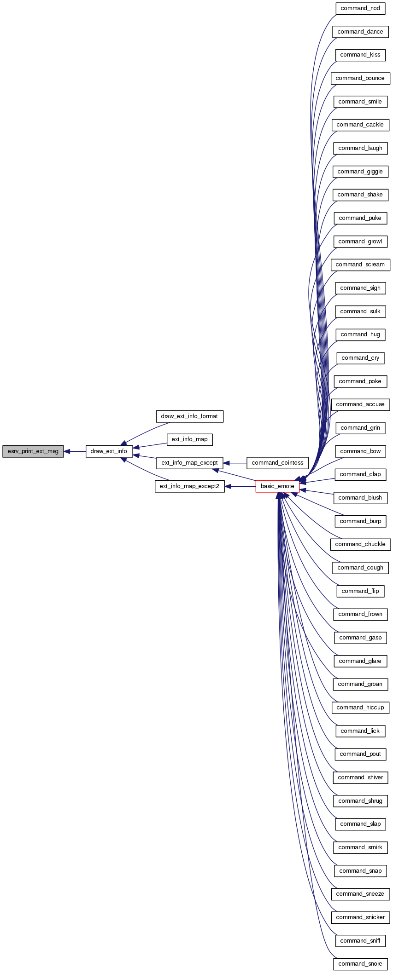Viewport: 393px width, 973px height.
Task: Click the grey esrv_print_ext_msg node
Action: pyautogui.click(x=33, y=451)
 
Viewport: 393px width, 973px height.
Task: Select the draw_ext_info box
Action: pyautogui.click(x=109, y=451)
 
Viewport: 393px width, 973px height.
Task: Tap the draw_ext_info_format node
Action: pyautogui.click(x=189, y=416)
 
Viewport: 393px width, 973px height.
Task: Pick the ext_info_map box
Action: pyautogui.click(x=189, y=439)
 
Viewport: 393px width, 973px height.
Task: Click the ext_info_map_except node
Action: pyautogui.click(x=189, y=463)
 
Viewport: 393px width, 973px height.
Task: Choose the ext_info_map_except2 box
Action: pyautogui.click(x=189, y=486)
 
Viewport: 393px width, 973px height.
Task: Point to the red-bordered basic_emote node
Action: pyautogui.click(x=277, y=486)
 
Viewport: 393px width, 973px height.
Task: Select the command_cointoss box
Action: pyautogui.click(x=277, y=463)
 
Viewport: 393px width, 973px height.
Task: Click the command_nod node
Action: pyautogui.click(x=360, y=8)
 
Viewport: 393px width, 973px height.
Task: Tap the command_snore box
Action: pyautogui.click(x=360, y=964)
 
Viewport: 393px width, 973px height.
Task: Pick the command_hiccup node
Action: pyautogui.click(x=360, y=708)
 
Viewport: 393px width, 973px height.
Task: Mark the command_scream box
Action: pyautogui.click(x=360, y=265)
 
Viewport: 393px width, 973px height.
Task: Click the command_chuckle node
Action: pyautogui.click(x=360, y=544)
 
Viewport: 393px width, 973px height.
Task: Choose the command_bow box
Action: pyautogui.click(x=360, y=451)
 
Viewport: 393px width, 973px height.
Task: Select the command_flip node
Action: pyautogui.click(x=360, y=591)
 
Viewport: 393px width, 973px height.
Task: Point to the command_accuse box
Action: pyautogui.click(x=360, y=404)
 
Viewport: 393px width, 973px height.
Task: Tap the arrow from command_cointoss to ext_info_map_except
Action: pyautogui.click(x=235, y=463)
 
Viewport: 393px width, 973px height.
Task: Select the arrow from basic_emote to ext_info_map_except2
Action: pyautogui.click(x=240, y=486)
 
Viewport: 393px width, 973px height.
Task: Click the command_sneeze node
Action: pyautogui.click(x=360, y=894)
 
